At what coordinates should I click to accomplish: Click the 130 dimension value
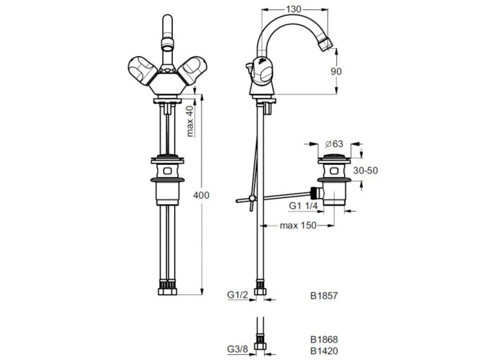[x=294, y=9]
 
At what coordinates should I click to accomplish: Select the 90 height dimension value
[x=336, y=71]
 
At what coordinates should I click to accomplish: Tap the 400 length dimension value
[x=201, y=195]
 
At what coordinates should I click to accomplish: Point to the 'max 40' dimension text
[x=190, y=121]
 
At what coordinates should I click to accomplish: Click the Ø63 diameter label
[x=333, y=144]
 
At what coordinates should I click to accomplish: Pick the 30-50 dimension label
[x=366, y=171]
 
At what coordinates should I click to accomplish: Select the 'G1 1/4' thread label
[x=303, y=206]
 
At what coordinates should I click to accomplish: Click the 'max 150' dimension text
[x=298, y=225]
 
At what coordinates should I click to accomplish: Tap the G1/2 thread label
[x=238, y=294]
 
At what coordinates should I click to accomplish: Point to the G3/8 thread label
[x=238, y=349]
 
